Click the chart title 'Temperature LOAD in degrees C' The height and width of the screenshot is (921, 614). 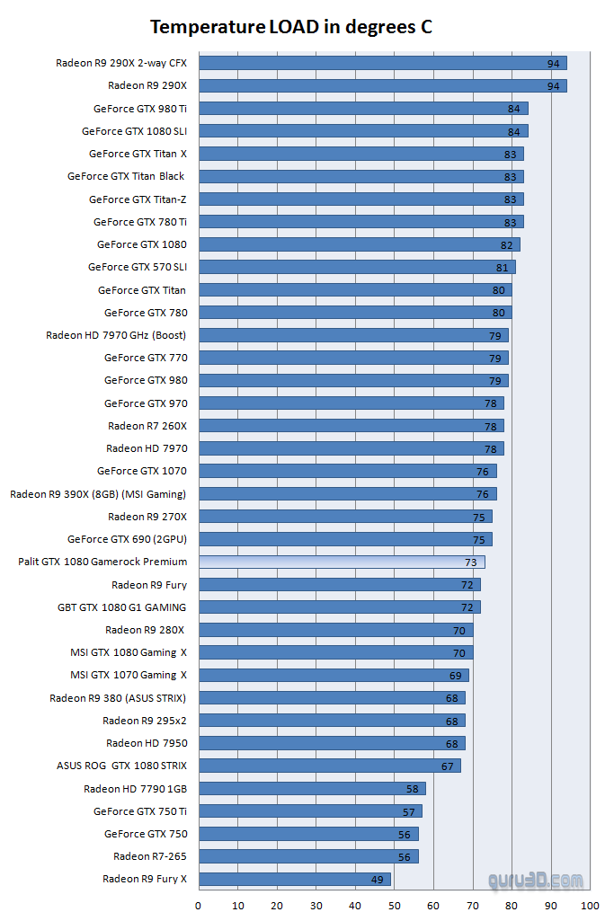click(290, 27)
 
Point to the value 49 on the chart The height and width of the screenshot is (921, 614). click(377, 880)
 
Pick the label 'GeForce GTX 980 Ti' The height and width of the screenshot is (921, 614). click(139, 109)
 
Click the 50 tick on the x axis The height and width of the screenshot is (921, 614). click(395, 905)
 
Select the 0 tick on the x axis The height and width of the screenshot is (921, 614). click(199, 905)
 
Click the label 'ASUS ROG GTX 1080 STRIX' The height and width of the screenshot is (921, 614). click(121, 766)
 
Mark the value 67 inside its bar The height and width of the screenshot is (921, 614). click(447, 766)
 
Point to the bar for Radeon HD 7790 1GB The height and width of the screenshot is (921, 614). click(310, 788)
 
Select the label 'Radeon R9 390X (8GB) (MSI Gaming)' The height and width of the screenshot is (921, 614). click(98, 493)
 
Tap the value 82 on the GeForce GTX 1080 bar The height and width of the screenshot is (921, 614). click(506, 244)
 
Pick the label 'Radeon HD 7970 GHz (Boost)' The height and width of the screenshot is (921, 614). click(116, 335)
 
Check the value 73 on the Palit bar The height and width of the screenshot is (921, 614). click(470, 562)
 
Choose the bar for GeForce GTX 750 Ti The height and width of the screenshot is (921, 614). click(308, 811)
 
